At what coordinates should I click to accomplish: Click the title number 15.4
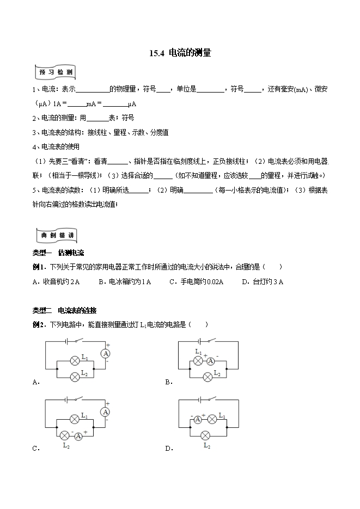tap(157, 53)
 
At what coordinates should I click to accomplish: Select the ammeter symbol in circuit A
tap(106, 353)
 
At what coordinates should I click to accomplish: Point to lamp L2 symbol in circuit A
tap(75, 376)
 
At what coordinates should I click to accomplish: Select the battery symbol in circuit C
tap(66, 400)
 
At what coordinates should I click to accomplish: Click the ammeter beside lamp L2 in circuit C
tap(78, 436)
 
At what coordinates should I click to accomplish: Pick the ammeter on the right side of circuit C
tap(106, 412)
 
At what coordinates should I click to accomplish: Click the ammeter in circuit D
tap(198, 419)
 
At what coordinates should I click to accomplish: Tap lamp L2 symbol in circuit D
tap(206, 434)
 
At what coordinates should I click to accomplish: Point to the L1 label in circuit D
tap(222, 415)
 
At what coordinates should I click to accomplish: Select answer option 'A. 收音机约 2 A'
tap(56, 281)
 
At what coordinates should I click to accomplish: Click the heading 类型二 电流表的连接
tap(64, 310)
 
